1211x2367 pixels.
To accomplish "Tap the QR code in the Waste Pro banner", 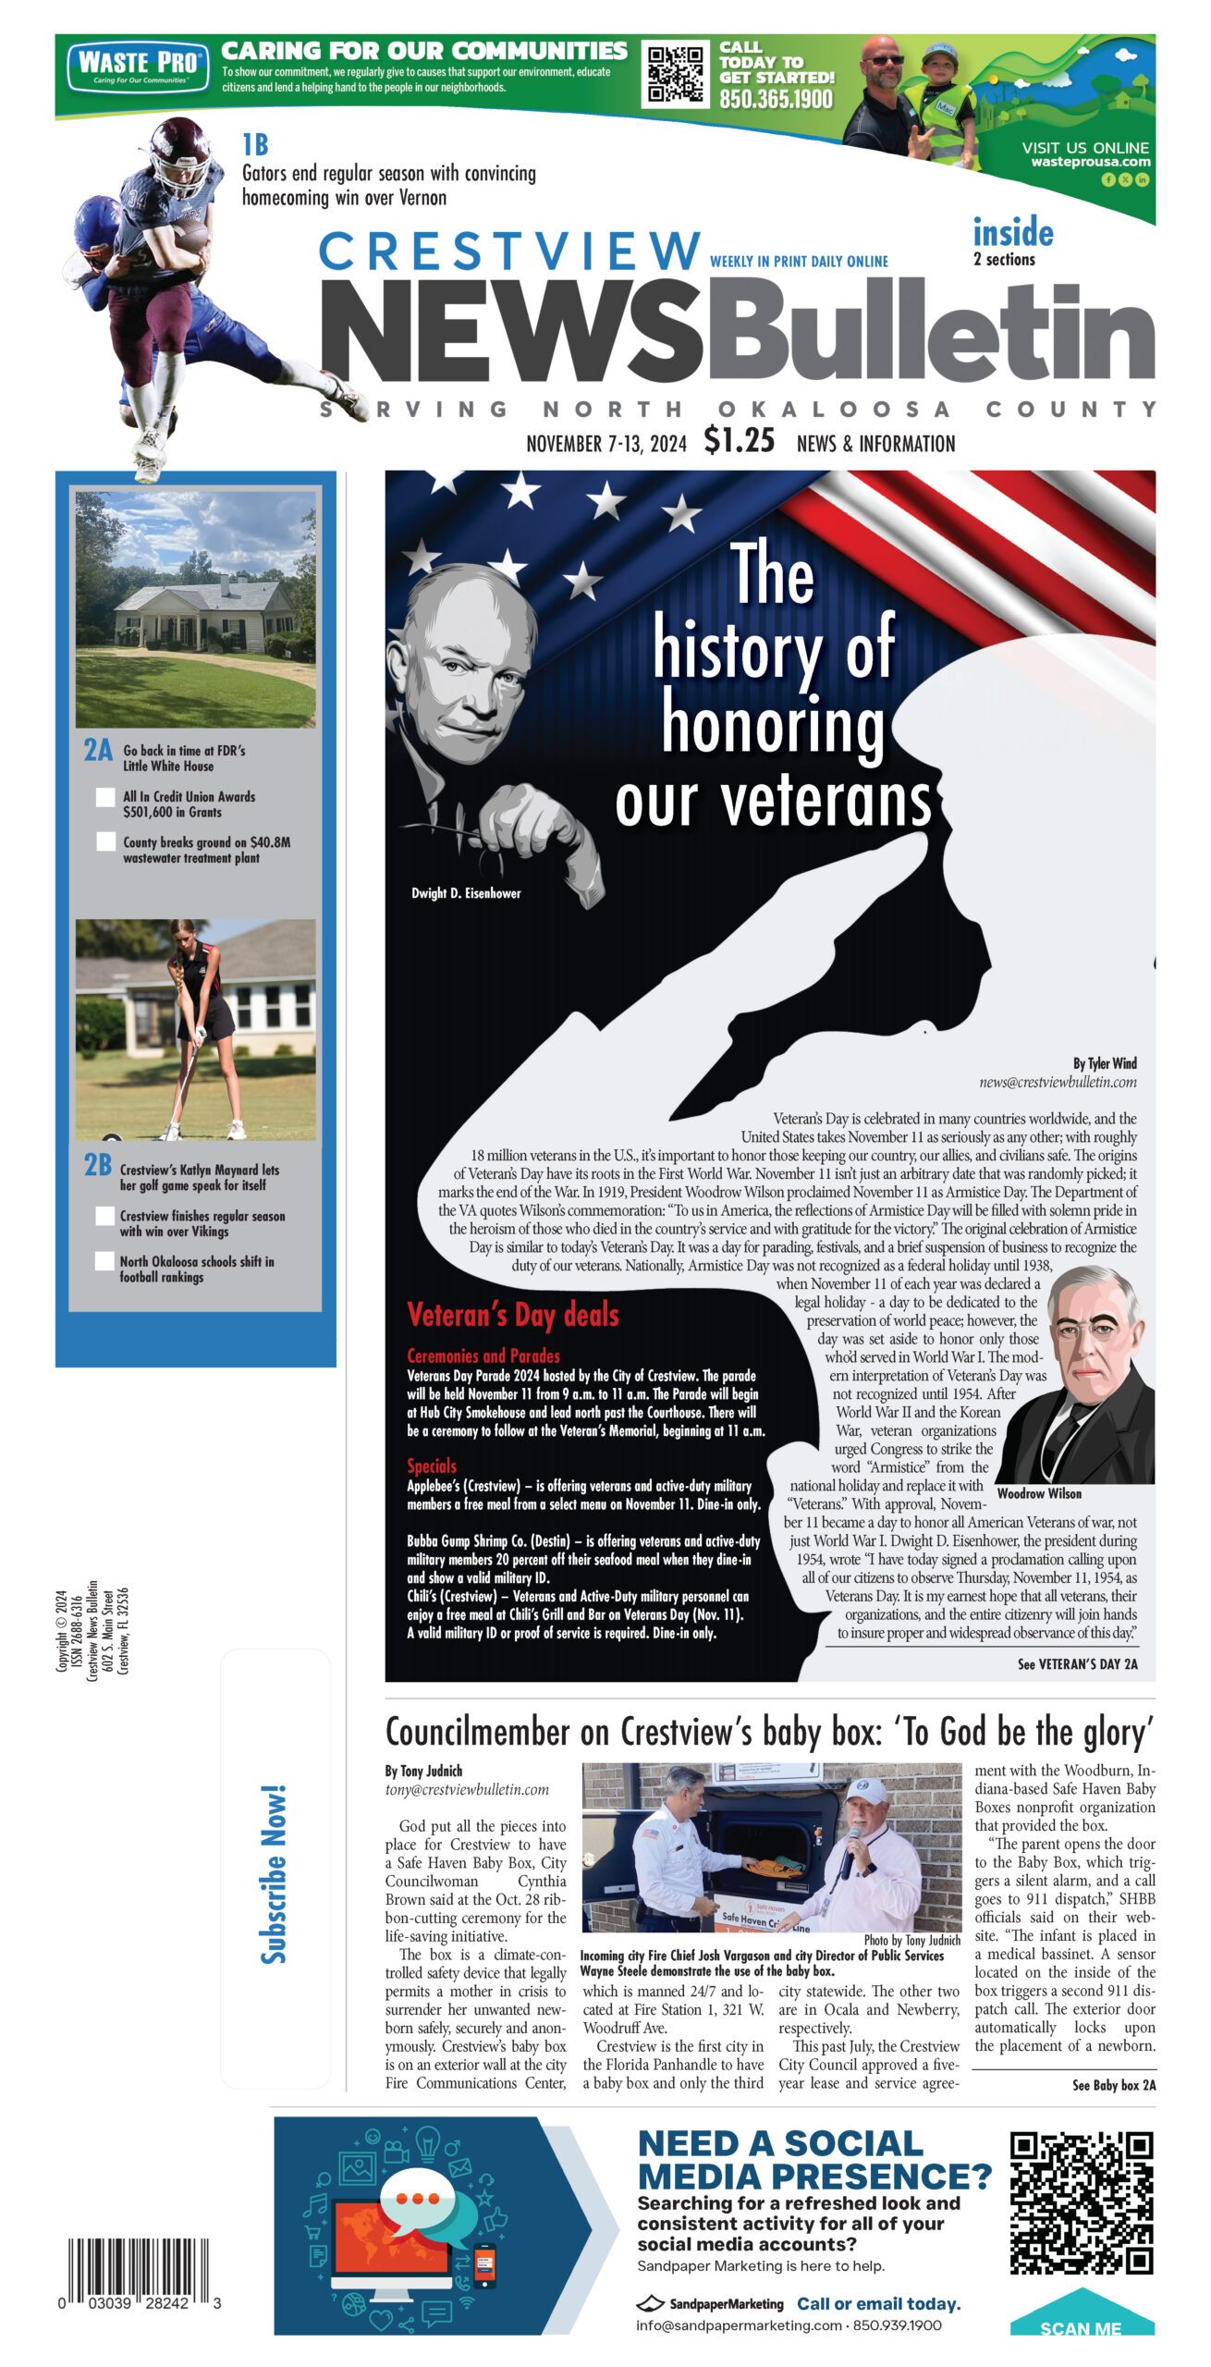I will [x=674, y=74].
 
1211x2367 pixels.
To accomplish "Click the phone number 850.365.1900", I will [x=776, y=99].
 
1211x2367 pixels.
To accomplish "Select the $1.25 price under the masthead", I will [x=739, y=440].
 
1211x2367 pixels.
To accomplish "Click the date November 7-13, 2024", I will [x=606, y=444].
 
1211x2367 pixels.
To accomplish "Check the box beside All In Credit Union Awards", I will [x=105, y=797].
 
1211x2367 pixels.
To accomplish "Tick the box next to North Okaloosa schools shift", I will [x=105, y=1261].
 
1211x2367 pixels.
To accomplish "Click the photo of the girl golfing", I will [x=195, y=1029].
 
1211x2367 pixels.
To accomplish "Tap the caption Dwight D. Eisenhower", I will [x=466, y=893].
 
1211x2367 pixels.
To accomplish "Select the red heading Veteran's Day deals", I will [x=512, y=1315].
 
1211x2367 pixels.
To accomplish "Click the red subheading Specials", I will [x=432, y=1466].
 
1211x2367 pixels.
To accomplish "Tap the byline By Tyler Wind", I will [x=1105, y=1063].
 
